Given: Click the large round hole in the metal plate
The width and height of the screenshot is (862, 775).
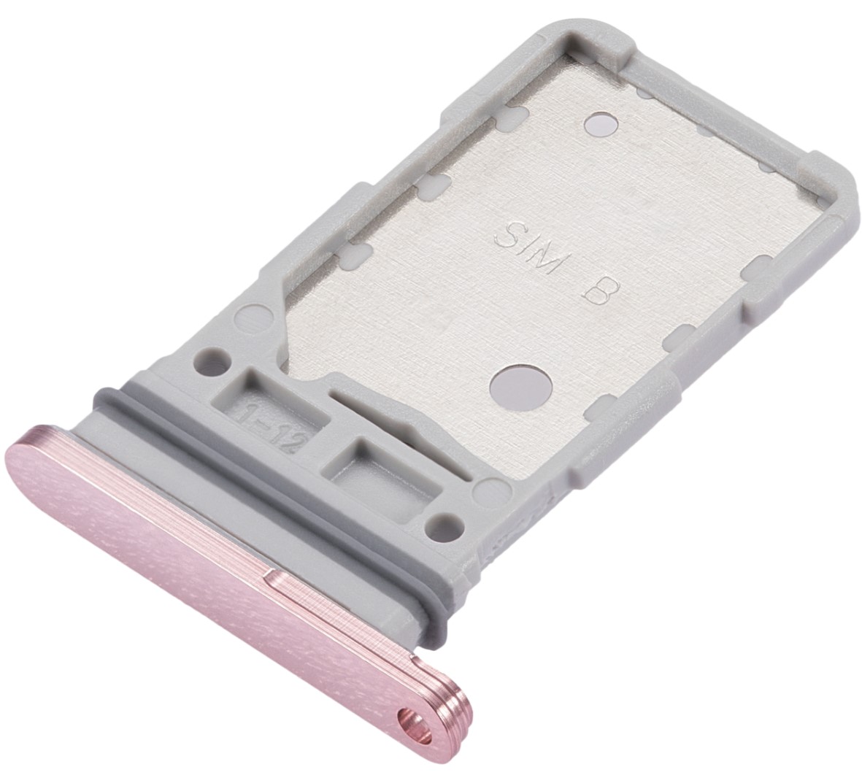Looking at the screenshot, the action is tap(519, 384).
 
